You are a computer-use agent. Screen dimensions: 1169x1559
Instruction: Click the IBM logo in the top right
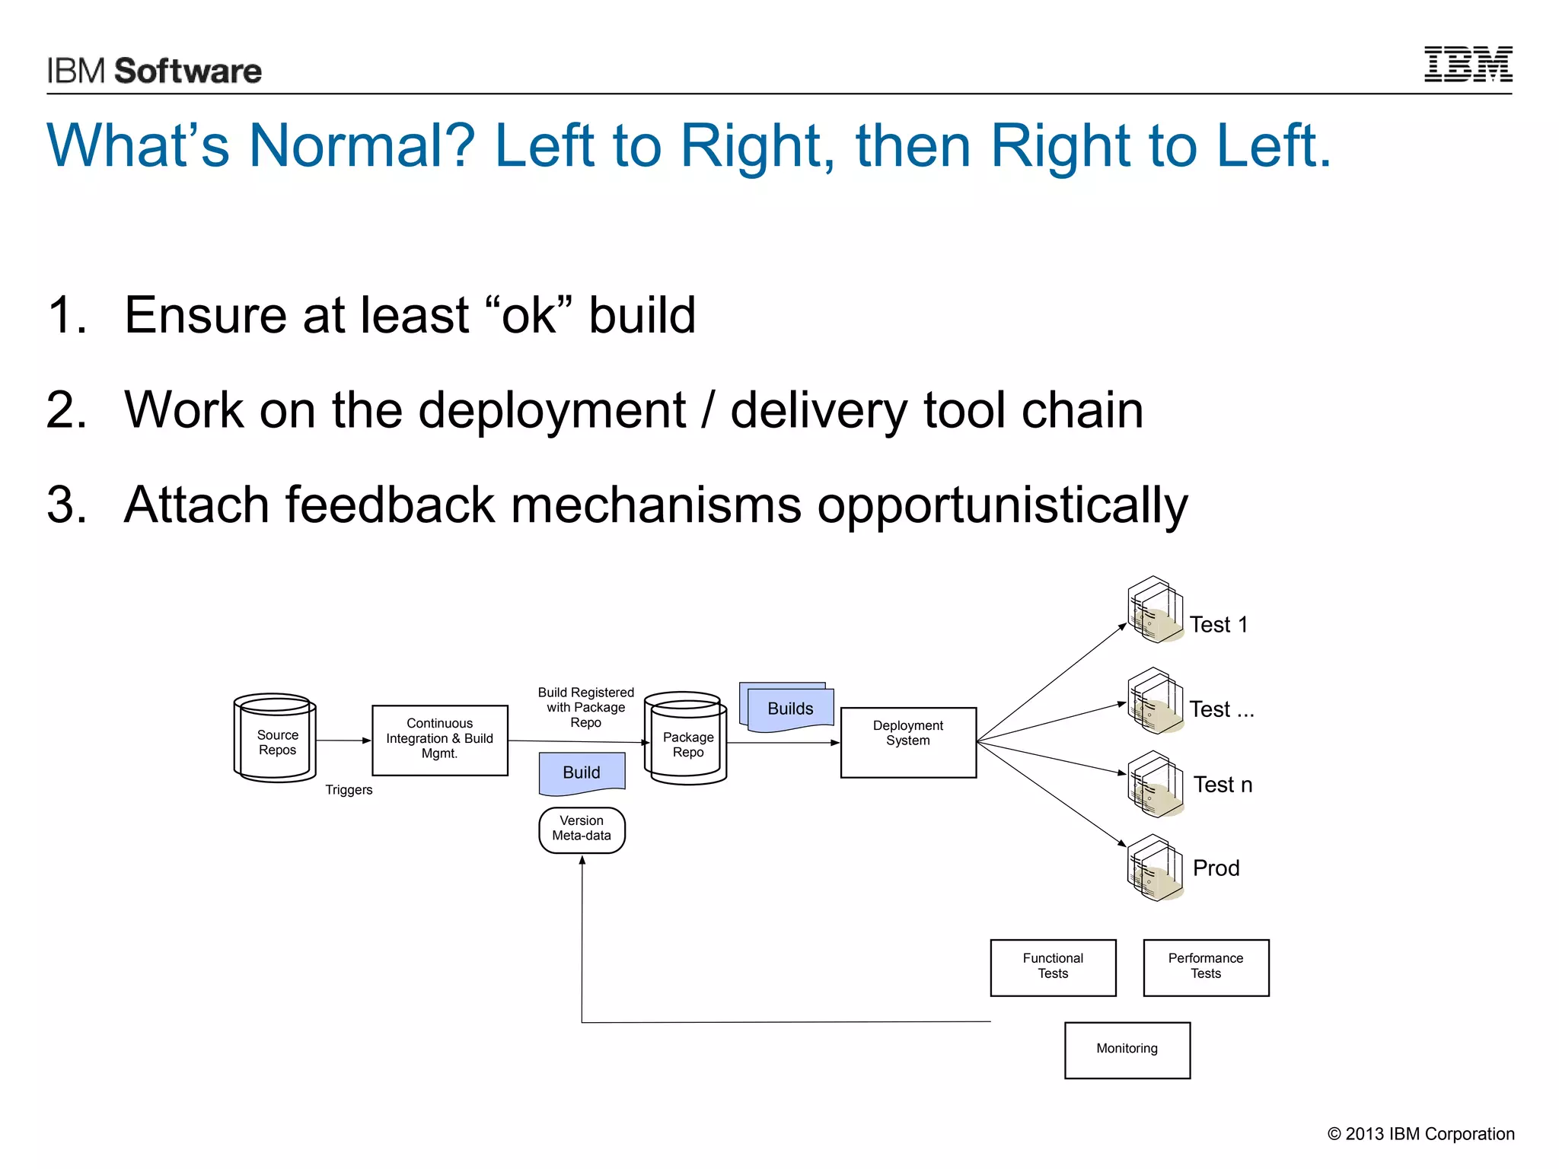[1468, 65]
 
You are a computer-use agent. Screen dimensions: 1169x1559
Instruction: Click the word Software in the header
[187, 72]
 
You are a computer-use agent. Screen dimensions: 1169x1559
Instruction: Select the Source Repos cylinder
[275, 738]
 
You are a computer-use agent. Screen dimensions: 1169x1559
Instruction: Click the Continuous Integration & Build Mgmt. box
[439, 740]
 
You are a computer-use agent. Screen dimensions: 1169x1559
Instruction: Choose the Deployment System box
[907, 742]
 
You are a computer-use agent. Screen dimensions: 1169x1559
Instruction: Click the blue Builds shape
[789, 709]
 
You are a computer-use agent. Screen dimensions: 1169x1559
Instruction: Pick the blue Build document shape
[582, 772]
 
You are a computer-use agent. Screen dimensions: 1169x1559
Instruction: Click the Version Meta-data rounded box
[582, 829]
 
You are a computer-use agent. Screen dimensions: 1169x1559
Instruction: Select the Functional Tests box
[1053, 967]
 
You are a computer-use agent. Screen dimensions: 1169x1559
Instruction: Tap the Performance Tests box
[1206, 967]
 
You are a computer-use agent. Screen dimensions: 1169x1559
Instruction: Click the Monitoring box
[1127, 1050]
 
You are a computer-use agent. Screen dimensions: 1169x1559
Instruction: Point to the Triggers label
[349, 790]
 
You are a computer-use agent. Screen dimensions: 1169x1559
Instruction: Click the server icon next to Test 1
[1155, 610]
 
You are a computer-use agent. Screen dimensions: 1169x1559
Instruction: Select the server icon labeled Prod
[1155, 868]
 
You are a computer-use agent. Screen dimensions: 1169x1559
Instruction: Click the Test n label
[1223, 785]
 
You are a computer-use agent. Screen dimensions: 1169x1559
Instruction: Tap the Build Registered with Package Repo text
[585, 707]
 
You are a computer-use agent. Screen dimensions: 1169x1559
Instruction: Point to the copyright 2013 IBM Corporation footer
[1420, 1134]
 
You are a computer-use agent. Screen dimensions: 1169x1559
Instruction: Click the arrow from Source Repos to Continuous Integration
[343, 741]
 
